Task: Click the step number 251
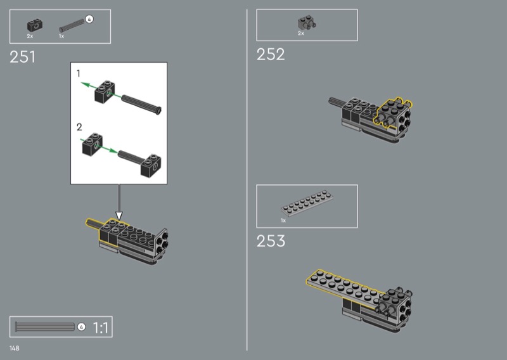point(22,57)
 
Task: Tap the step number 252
point(271,55)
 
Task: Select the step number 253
point(271,241)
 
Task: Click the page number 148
point(14,348)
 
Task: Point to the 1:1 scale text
point(101,327)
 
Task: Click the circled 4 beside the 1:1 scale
point(82,327)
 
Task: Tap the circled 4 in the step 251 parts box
point(89,20)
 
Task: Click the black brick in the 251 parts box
point(35,25)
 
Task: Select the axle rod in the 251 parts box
point(72,26)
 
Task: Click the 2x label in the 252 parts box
point(300,34)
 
